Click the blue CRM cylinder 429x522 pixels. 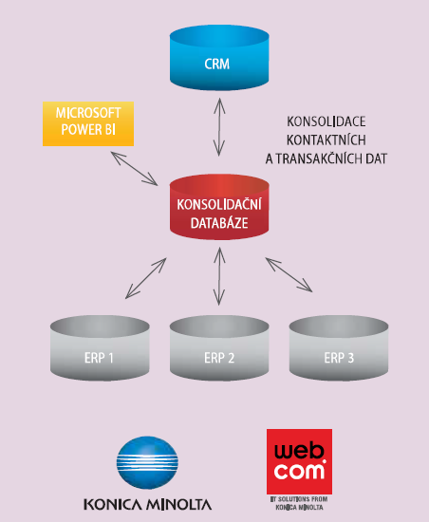coord(219,57)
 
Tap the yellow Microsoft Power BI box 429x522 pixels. coord(88,123)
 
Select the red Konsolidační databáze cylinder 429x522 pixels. coord(219,207)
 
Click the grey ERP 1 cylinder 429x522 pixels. coord(100,348)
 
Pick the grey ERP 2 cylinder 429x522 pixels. coord(219,348)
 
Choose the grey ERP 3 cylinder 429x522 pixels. coord(339,348)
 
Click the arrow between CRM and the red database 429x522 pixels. coord(219,127)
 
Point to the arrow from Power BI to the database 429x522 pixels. coord(134,168)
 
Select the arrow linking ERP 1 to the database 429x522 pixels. coord(146,278)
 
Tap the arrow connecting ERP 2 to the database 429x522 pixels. coord(219,276)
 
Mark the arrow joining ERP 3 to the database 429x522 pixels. coord(289,274)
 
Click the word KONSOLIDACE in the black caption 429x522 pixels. coord(326,121)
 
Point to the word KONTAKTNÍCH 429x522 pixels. coord(326,140)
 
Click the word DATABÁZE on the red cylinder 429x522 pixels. coord(219,223)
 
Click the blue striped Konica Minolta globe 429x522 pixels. coord(147,462)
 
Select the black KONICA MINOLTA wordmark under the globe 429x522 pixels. coord(147,505)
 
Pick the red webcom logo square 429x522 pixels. coord(299,461)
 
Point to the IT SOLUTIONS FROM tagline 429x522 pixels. coord(299,499)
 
